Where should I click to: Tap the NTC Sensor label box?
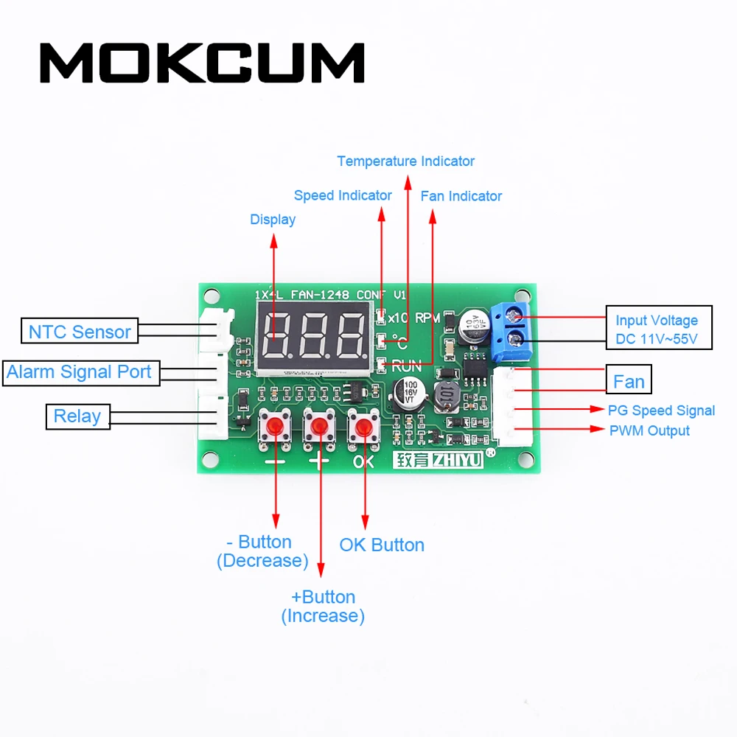pyautogui.click(x=80, y=332)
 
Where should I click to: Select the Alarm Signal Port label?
pyautogui.click(x=79, y=372)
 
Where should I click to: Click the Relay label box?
pyautogui.click(x=77, y=416)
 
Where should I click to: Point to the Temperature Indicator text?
pyautogui.click(x=405, y=161)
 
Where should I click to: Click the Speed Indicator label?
pyautogui.click(x=343, y=195)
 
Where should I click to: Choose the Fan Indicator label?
pyautogui.click(x=461, y=196)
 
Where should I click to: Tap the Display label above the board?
pyautogui.click(x=273, y=219)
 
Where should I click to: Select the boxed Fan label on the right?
pyautogui.click(x=629, y=382)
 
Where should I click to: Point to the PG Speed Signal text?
pyautogui.click(x=661, y=411)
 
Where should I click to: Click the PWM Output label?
pyautogui.click(x=649, y=430)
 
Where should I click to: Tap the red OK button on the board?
pyautogui.click(x=363, y=427)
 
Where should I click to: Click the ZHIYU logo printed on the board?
pyautogui.click(x=438, y=461)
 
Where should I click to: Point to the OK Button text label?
pyautogui.click(x=382, y=545)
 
